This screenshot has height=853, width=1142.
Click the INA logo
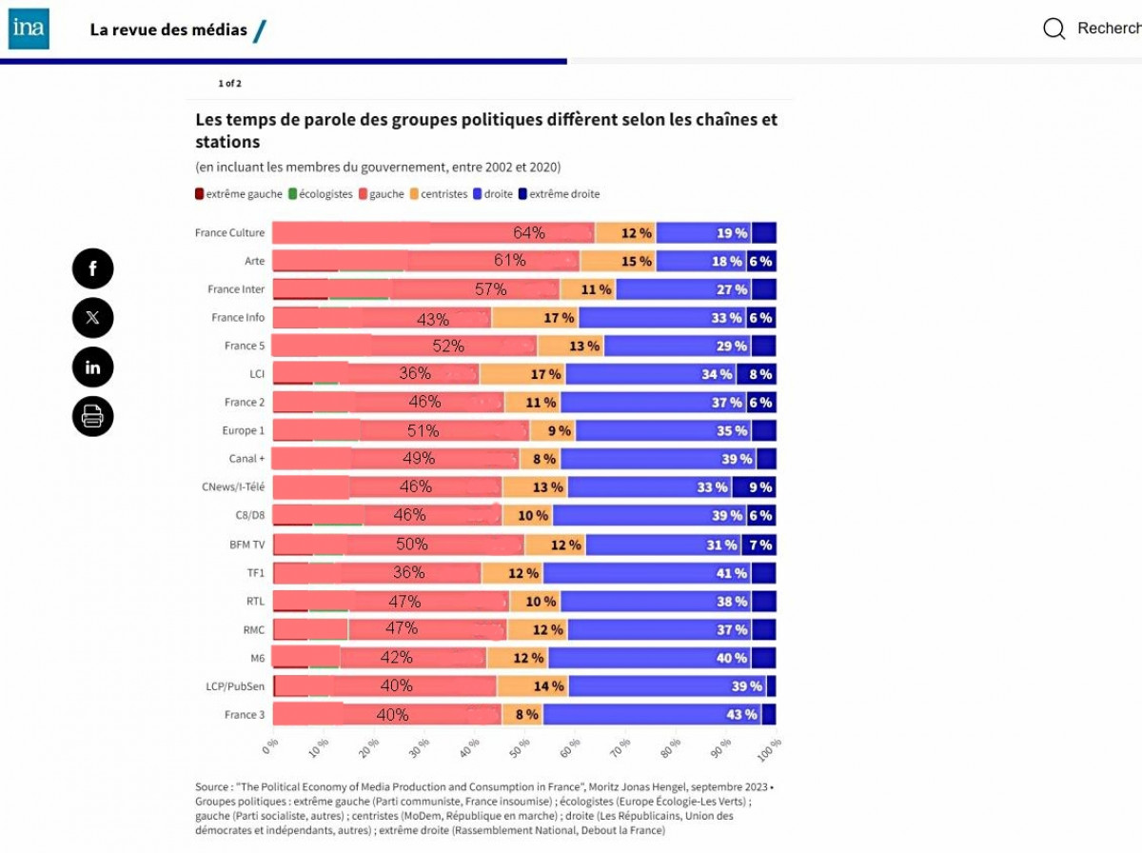tap(29, 30)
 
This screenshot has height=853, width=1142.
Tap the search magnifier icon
tap(1053, 29)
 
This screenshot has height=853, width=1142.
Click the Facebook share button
tap(92, 268)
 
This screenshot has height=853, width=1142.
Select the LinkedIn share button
tap(92, 367)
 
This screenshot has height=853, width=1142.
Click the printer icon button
tap(92, 416)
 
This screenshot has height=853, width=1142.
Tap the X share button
tap(92, 318)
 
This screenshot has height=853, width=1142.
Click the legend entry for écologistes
tap(321, 194)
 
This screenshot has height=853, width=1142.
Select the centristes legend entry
tap(439, 194)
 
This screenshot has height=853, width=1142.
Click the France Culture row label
tap(229, 233)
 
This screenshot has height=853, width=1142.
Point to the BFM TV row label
tap(246, 545)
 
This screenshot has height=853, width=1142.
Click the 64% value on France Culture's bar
tap(529, 233)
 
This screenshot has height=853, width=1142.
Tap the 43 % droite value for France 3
tap(741, 714)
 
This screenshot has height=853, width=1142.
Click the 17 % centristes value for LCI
tap(545, 374)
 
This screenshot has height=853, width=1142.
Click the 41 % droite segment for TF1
tap(731, 573)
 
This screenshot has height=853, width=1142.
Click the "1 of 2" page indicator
tap(229, 84)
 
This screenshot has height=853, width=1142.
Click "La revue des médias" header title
tap(168, 30)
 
